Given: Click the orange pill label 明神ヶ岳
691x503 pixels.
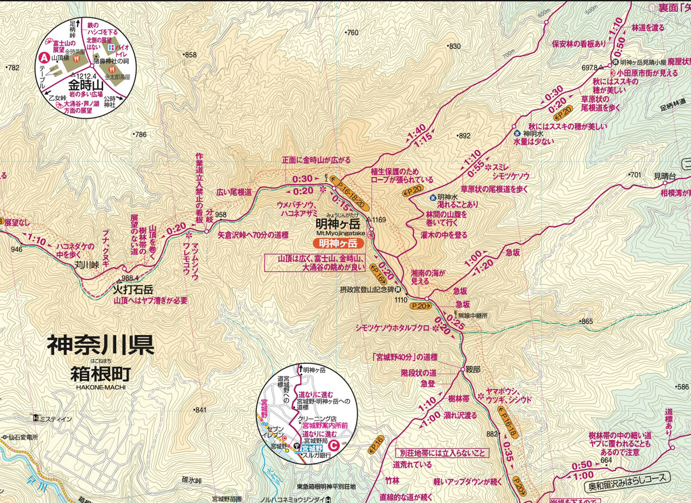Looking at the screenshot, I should (338, 243).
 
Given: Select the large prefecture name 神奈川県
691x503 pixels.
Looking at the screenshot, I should (100, 346).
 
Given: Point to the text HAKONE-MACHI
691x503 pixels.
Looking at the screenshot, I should (101, 387).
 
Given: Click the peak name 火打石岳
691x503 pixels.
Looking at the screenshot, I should (132, 290).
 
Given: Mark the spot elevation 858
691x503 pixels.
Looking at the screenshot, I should (190, 55).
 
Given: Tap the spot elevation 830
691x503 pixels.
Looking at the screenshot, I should (454, 46).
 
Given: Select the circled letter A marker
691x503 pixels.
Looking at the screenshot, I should (44, 58).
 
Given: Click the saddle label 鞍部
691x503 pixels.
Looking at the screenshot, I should (472, 369).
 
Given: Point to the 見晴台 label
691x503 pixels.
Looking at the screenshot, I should (665, 176).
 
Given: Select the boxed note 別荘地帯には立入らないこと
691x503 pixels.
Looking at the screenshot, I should (442, 453).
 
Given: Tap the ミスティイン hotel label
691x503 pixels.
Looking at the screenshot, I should (55, 419).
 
